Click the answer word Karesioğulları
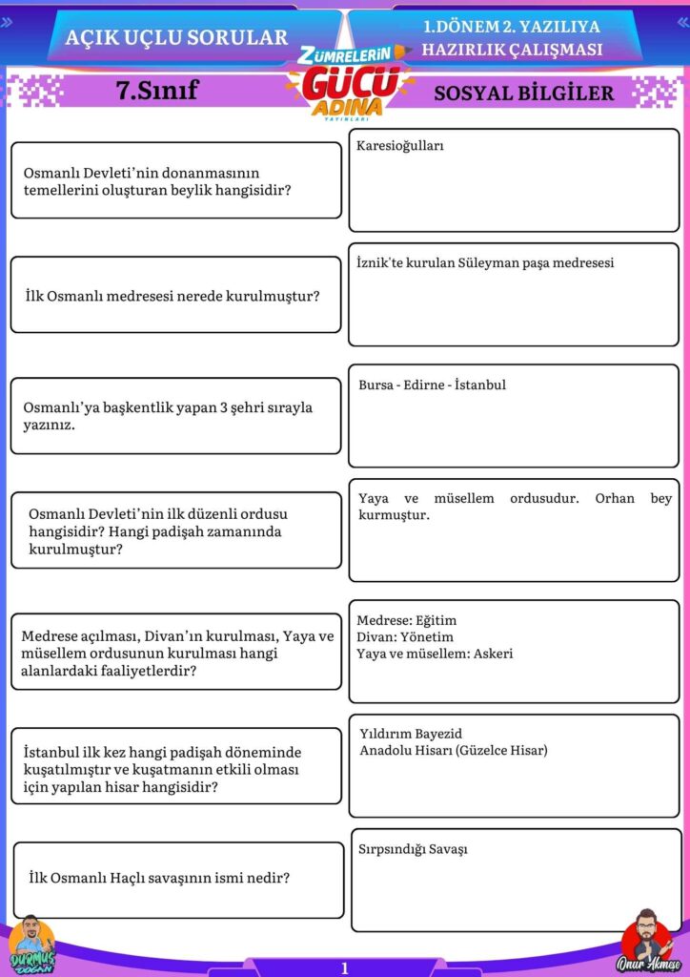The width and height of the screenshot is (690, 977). pyautogui.click(x=400, y=147)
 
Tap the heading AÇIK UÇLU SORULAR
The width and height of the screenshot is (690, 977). pyautogui.click(x=176, y=37)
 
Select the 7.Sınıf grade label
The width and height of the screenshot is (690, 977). pyautogui.click(x=156, y=91)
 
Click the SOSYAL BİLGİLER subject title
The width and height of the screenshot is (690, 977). pyautogui.click(x=523, y=93)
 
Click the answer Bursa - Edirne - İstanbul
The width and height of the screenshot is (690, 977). pyautogui.click(x=432, y=385)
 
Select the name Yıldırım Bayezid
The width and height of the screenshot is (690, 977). pyautogui.click(x=411, y=734)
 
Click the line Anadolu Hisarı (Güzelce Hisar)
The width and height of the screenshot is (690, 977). pyautogui.click(x=454, y=751)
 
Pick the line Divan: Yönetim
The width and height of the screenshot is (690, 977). pyautogui.click(x=405, y=636)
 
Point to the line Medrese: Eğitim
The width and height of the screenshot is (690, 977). pyautogui.click(x=407, y=620)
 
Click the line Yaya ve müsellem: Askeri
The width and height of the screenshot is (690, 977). pyautogui.click(x=435, y=654)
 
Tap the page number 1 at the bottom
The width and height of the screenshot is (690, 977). pyautogui.click(x=345, y=967)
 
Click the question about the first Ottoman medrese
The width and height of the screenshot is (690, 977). pyautogui.click(x=172, y=296)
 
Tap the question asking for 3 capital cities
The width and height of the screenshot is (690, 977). pyautogui.click(x=168, y=416)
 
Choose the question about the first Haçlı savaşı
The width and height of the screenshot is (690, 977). pyautogui.click(x=159, y=878)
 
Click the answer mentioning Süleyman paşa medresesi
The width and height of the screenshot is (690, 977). pyautogui.click(x=485, y=262)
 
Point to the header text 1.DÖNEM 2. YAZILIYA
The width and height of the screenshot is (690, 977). pyautogui.click(x=512, y=27)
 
